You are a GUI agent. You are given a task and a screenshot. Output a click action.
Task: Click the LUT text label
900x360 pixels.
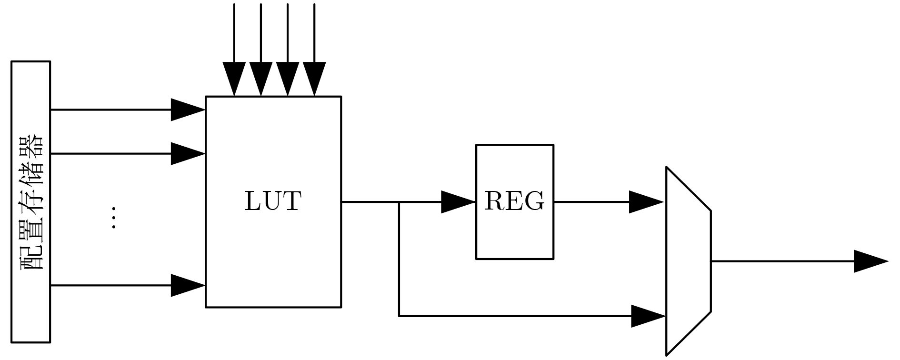pyautogui.click(x=273, y=201)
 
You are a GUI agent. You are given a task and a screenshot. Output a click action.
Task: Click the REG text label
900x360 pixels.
pyautogui.click(x=514, y=201)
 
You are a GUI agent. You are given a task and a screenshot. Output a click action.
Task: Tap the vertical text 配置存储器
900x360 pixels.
pyautogui.click(x=31, y=202)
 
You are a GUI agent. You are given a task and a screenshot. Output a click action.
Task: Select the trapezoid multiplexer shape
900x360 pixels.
pyautogui.click(x=689, y=261)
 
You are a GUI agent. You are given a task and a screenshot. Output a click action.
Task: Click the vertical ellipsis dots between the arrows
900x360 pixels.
pyautogui.click(x=113, y=218)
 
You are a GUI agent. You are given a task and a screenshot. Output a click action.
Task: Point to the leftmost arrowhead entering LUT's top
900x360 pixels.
pyautogui.click(x=234, y=79)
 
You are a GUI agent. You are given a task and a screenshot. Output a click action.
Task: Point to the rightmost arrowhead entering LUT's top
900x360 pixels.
pyautogui.click(x=314, y=79)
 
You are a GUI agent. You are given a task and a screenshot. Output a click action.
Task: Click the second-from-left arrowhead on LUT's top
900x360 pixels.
pyautogui.click(x=260, y=79)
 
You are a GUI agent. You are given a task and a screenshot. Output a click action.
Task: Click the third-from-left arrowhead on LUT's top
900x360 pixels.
pyautogui.click(x=288, y=79)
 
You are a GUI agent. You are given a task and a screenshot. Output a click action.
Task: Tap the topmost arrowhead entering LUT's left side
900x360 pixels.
pyautogui.click(x=188, y=110)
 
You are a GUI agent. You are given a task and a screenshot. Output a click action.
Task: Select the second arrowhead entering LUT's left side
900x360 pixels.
pyautogui.click(x=188, y=154)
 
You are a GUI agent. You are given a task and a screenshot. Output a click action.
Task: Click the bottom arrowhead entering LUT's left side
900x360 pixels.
pyautogui.click(x=188, y=285)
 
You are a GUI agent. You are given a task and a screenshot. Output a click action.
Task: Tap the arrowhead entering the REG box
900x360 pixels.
pyautogui.click(x=459, y=202)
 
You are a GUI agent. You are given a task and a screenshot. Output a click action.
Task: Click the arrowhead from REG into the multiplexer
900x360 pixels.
pyautogui.click(x=647, y=202)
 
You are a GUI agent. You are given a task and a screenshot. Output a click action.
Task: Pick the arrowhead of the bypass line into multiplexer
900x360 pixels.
pyautogui.click(x=649, y=316)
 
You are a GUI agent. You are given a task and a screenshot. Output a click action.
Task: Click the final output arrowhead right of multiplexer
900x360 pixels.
pyautogui.click(x=871, y=261)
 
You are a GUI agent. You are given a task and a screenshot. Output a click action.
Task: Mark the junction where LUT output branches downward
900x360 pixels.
pyautogui.click(x=399, y=202)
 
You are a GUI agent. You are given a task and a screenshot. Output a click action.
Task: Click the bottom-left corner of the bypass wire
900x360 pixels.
pyautogui.click(x=399, y=316)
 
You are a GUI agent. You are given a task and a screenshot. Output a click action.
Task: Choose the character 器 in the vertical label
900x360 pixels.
pyautogui.click(x=31, y=147)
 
